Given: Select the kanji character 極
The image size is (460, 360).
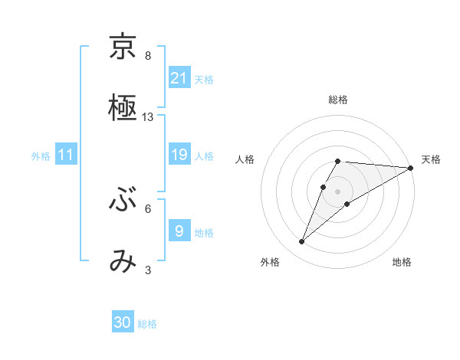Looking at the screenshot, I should pyautogui.click(x=123, y=109).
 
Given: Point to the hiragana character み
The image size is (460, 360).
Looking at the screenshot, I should pyautogui.click(x=123, y=261).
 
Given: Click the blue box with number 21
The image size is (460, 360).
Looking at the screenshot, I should pyautogui.click(x=179, y=77).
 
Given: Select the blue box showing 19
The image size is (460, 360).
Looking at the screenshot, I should pyautogui.click(x=179, y=155).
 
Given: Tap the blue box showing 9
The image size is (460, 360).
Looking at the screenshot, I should pyautogui.click(x=179, y=230).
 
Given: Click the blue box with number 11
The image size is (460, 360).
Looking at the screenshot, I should pyautogui.click(x=66, y=155).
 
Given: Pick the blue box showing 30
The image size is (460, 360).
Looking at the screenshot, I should pyautogui.click(x=123, y=322).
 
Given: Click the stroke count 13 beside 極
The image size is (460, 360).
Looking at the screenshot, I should pyautogui.click(x=148, y=117).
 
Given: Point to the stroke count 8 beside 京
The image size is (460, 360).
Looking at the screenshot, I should pyautogui.click(x=148, y=55).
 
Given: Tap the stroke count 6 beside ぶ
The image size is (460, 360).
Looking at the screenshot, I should pyautogui.click(x=148, y=208).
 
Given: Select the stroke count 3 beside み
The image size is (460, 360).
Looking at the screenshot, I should pyautogui.click(x=148, y=270).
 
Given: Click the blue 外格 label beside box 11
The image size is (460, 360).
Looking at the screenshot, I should pyautogui.click(x=41, y=156).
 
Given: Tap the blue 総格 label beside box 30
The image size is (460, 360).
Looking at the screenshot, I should pyautogui.click(x=147, y=324).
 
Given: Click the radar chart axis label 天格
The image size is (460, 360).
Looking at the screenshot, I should pyautogui.click(x=431, y=159).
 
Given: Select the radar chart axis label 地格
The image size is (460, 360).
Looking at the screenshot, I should pyautogui.click(x=402, y=262).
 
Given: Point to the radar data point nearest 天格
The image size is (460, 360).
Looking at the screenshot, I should pyautogui.click(x=411, y=168).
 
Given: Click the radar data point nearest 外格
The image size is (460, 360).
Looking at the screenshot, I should pyautogui.click(x=302, y=242).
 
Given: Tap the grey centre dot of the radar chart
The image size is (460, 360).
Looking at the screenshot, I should pyautogui.click(x=337, y=191).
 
